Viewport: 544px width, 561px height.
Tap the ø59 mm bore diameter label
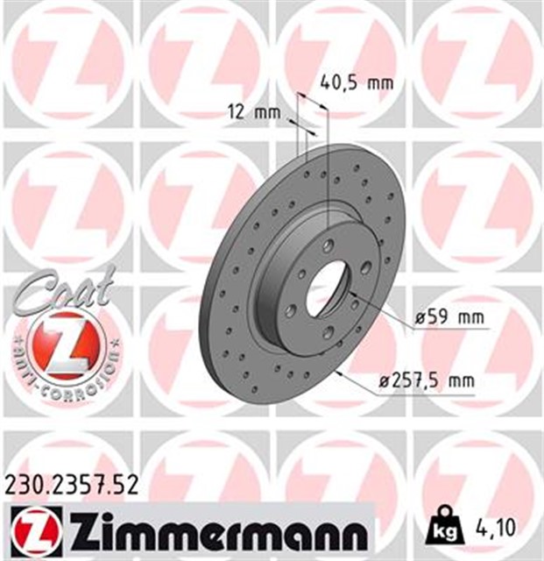coord(449,317)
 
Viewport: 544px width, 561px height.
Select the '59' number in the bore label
coord(435,317)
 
